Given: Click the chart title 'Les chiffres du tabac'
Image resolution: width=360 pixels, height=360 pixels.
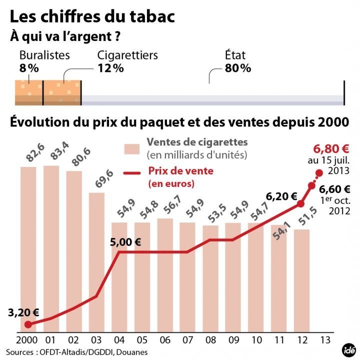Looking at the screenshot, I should coord(92,16).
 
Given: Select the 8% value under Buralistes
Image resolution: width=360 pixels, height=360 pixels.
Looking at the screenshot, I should coord(28,68).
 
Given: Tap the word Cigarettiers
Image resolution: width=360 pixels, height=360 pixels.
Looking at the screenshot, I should coord(127,55).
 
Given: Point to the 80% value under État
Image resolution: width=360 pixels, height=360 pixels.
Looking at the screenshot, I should coord(237,68).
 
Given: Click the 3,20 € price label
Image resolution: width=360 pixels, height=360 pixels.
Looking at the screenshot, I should coord(23,313).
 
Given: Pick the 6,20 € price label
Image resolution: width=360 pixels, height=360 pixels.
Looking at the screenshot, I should coord(281,196).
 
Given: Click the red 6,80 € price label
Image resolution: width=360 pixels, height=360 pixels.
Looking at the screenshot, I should coord(330,148).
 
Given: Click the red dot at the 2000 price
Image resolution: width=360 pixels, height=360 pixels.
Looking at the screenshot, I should coord(28,324).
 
